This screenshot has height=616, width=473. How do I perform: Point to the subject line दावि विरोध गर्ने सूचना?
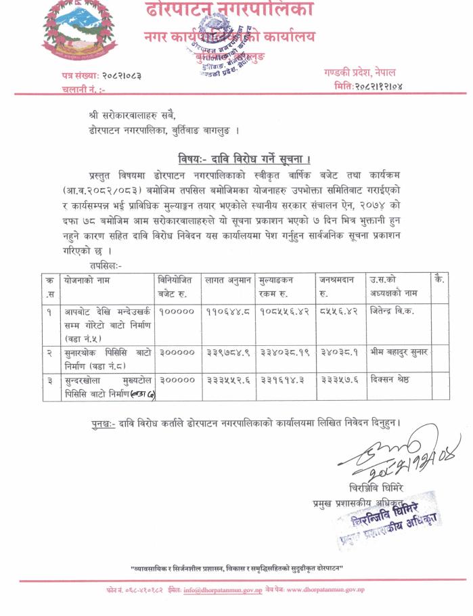(x=244, y=159)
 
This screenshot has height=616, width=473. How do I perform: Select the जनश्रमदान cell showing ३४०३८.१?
(x=340, y=353)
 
